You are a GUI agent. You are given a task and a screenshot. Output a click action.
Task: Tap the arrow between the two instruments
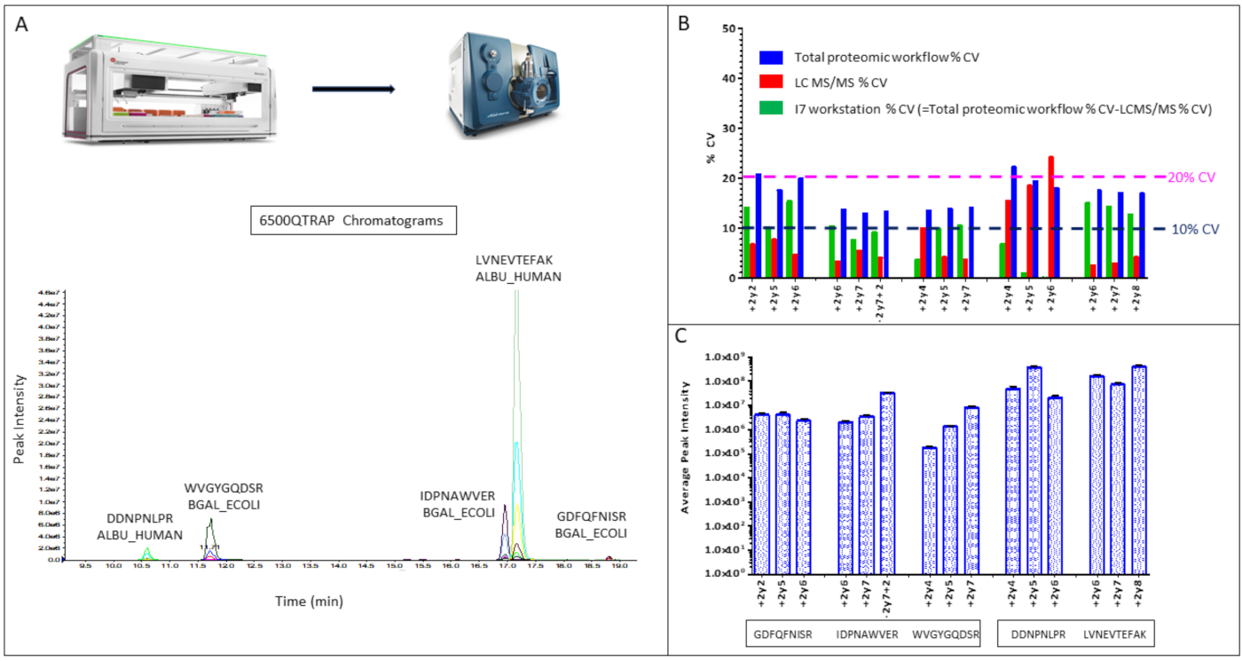[353, 89]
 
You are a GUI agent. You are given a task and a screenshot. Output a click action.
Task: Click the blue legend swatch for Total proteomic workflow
[770, 58]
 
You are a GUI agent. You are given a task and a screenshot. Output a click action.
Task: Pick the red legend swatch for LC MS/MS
[770, 83]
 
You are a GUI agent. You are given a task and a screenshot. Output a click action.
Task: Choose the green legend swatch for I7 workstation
[770, 108]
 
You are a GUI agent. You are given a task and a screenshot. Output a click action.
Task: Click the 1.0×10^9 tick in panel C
[724, 358]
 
